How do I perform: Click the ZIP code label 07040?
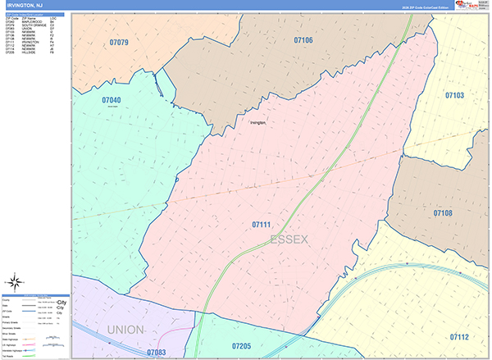[112, 100]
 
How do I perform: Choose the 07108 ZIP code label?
[443, 213]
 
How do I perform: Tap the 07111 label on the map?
[262, 224]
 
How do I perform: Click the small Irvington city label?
[259, 123]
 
